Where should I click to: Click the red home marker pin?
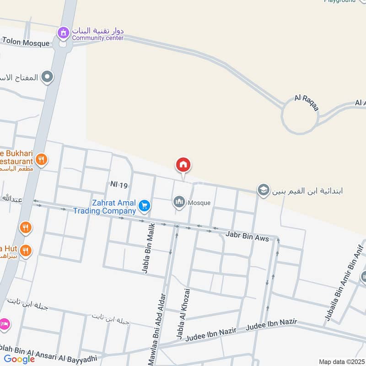[183, 165]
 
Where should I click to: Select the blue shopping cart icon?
[145, 206]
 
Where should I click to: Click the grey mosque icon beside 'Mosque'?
[178, 202]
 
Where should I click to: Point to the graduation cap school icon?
[263, 190]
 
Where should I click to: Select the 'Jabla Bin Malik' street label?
[148, 248]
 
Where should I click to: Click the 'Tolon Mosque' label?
[25, 43]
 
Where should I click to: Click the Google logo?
[19, 359]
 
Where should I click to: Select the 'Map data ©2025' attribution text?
[341, 361]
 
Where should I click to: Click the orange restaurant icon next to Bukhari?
[41, 159]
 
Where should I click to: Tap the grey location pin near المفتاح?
[47, 77]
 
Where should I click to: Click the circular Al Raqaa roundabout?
[299, 118]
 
